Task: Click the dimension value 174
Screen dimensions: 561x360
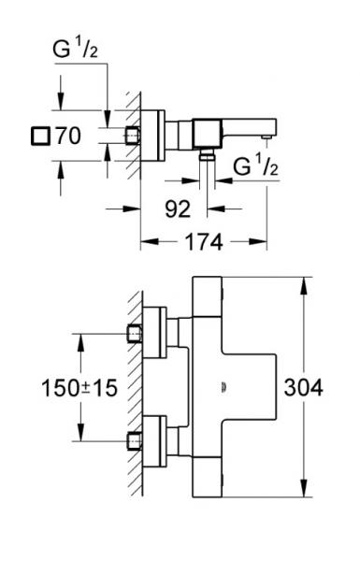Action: coord(204,242)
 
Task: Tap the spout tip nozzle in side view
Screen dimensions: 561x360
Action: coord(269,137)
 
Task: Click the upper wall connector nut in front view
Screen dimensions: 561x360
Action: coord(136,333)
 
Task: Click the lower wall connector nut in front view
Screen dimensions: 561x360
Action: coord(136,439)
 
